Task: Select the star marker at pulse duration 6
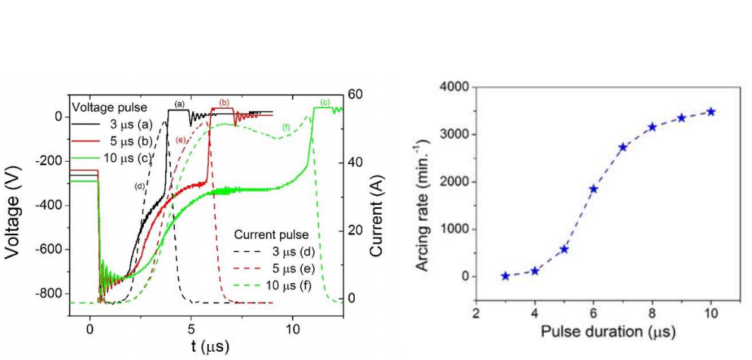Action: pos(593,188)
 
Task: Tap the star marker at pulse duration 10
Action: pos(711,112)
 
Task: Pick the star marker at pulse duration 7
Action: pos(623,147)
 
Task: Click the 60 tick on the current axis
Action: pos(356,95)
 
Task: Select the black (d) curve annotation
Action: pos(140,186)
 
